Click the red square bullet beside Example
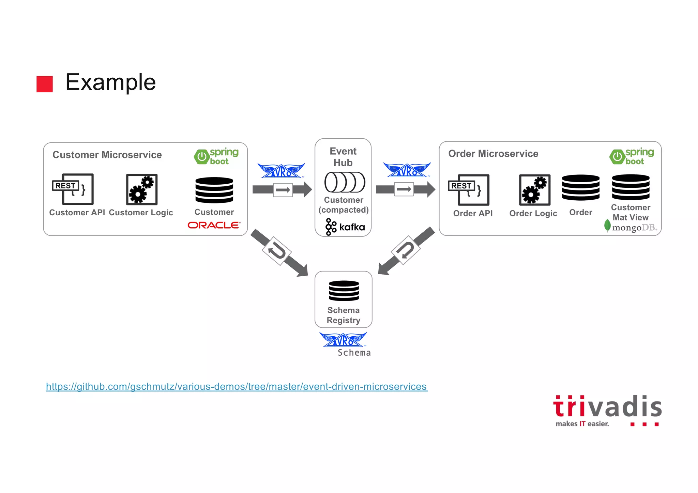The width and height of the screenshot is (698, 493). click(x=45, y=84)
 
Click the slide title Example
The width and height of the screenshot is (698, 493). click(x=110, y=82)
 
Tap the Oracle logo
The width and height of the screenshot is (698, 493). click(x=214, y=225)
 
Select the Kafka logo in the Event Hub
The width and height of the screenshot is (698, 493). click(x=345, y=227)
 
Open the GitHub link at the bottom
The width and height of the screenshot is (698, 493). click(x=237, y=387)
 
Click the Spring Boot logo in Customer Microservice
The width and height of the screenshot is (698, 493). click(x=216, y=156)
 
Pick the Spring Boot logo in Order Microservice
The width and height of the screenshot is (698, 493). click(x=632, y=156)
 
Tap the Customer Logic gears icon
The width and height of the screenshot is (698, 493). click(x=141, y=189)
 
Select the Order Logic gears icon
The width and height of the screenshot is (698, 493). click(x=534, y=190)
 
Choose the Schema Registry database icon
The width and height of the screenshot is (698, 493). click(x=344, y=291)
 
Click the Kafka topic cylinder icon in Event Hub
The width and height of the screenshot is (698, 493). click(x=345, y=182)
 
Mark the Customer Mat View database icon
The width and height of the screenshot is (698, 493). click(x=631, y=187)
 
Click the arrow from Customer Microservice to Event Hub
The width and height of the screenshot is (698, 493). click(x=282, y=189)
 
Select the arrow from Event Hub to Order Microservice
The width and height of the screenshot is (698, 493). click(x=405, y=189)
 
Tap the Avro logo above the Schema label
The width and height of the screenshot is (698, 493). click(x=343, y=339)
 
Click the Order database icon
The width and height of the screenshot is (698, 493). click(x=581, y=187)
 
